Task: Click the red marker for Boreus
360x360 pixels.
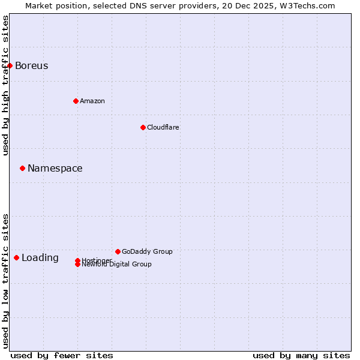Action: coord(10,65)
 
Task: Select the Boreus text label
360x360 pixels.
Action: coord(31,66)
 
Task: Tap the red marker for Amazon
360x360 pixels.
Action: coord(76,101)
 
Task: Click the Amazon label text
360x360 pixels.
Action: coord(92,101)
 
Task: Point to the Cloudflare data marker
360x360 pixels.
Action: coord(143,127)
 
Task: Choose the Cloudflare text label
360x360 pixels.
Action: coord(163,127)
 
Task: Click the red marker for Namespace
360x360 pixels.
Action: coord(22,168)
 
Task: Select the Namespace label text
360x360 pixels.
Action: coord(55,169)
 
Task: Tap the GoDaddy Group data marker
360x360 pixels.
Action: coord(118,251)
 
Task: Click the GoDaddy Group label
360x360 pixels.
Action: coord(147,251)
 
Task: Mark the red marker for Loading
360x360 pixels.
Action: coord(16,257)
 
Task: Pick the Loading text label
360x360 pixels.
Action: coord(40,258)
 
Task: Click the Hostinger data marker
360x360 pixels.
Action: coord(77,260)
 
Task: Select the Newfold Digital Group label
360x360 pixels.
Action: coord(116,265)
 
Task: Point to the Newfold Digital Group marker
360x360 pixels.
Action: coord(77,265)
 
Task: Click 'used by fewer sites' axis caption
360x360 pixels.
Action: coord(62,355)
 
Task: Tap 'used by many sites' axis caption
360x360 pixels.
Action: coord(301,355)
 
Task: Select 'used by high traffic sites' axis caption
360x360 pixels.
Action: coord(5,85)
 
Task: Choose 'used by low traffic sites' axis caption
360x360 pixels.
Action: coord(5,281)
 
